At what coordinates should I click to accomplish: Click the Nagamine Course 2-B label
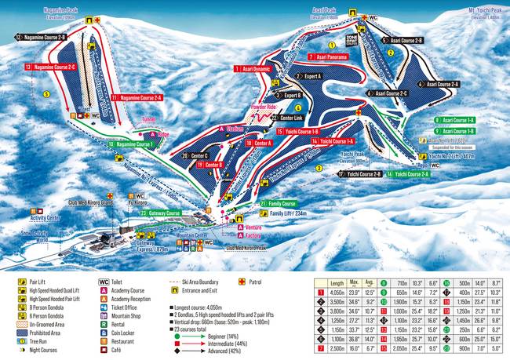41,37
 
